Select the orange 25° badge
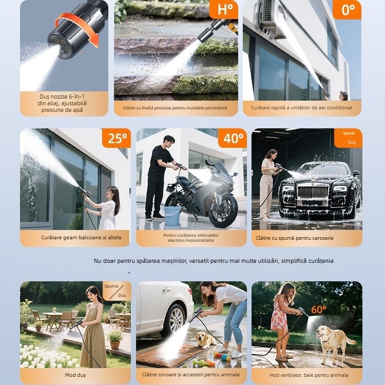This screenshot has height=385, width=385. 117,139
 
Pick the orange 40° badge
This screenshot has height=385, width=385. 233,139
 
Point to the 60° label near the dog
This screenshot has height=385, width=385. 318,310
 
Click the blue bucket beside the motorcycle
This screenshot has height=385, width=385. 172,216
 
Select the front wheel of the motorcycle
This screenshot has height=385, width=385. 224,210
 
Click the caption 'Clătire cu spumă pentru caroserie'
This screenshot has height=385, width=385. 307,238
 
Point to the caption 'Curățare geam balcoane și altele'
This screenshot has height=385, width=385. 75,238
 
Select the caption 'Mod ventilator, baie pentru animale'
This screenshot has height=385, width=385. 307,375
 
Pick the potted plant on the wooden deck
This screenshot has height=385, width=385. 115,339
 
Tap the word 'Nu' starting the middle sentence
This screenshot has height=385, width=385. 98,261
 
